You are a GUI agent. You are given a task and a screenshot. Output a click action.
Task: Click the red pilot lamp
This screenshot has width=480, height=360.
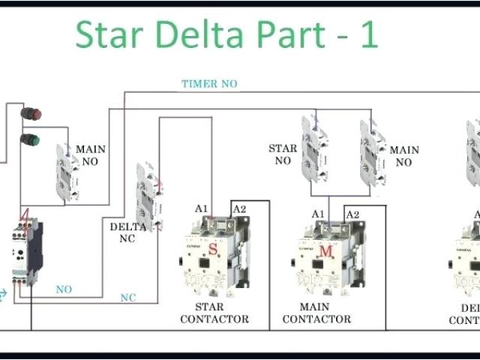(x=31, y=115)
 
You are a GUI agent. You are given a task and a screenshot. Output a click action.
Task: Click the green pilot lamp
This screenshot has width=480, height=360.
(x=30, y=139)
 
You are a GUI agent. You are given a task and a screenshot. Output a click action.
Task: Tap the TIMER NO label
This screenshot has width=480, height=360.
(x=209, y=84)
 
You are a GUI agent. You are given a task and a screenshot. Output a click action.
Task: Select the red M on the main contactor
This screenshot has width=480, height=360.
(x=325, y=251)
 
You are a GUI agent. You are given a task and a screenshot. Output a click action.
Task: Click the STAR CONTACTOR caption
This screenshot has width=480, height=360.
(x=215, y=313)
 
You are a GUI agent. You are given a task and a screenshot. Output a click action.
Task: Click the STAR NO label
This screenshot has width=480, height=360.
(x=283, y=154)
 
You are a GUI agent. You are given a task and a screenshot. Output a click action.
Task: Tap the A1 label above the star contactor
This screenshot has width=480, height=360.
(x=202, y=209)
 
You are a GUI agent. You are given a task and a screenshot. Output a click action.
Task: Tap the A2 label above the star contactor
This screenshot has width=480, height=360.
(x=238, y=209)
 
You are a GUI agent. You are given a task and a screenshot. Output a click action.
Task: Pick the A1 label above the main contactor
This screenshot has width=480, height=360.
(x=318, y=214)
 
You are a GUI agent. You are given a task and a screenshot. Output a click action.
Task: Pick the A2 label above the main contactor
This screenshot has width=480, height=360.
(x=352, y=214)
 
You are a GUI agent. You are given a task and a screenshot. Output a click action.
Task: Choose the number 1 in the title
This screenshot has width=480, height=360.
(x=367, y=35)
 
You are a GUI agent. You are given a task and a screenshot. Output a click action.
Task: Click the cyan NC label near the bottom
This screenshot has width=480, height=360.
(x=128, y=298)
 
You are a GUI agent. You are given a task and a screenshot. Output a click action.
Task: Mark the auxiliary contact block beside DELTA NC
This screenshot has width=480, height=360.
(x=148, y=196)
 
